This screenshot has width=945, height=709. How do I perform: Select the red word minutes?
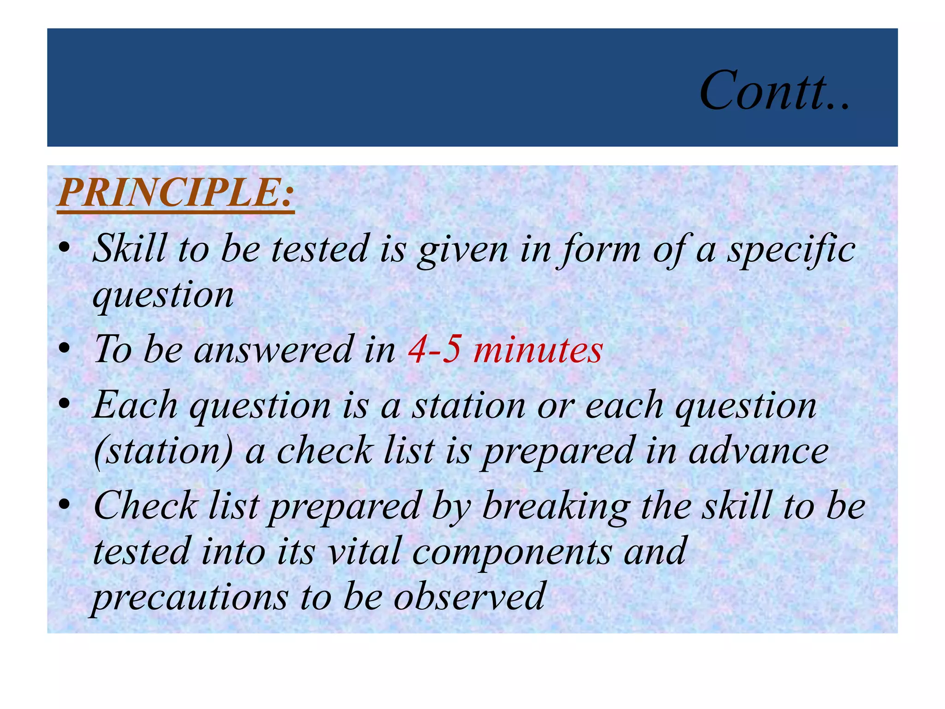tap(538, 349)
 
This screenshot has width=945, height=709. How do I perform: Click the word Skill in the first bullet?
tap(130, 249)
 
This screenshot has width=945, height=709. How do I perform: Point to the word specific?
tap(791, 250)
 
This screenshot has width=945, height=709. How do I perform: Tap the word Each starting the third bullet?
tap(135, 405)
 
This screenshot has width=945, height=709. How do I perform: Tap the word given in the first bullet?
tap(462, 250)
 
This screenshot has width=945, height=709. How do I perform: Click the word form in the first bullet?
tap(599, 250)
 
